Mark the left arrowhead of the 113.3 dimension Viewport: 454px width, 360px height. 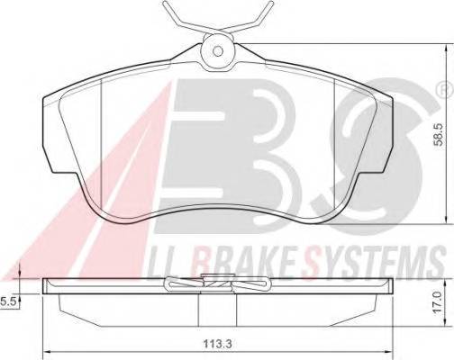point(47,351)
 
